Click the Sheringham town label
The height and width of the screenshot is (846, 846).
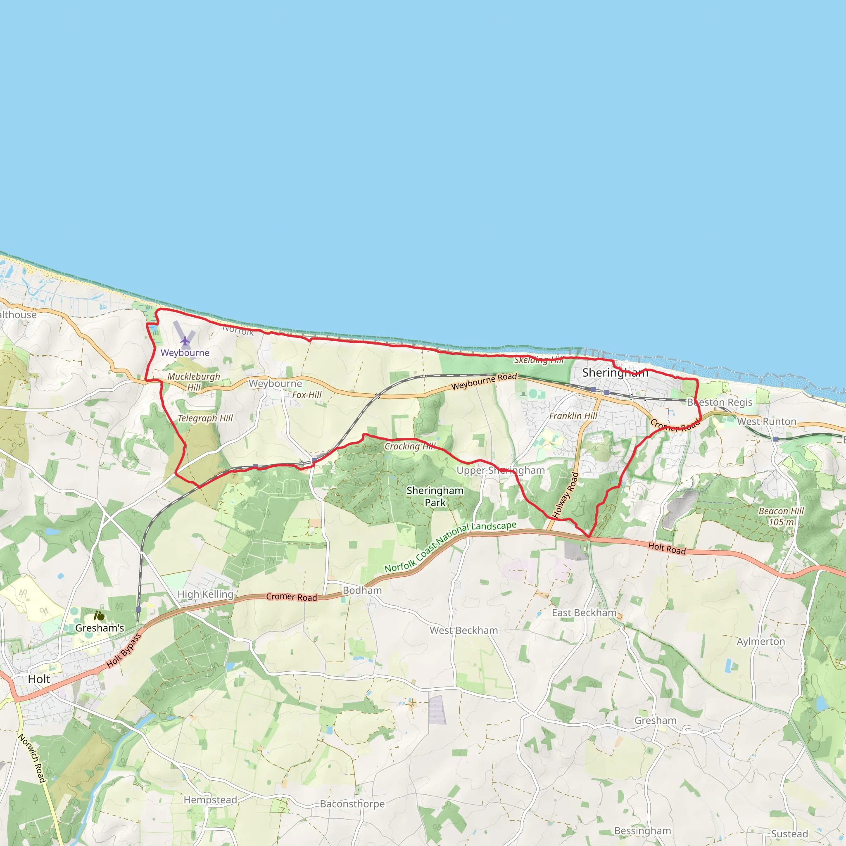[x=615, y=373]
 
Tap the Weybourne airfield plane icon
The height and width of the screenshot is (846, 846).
[x=185, y=340]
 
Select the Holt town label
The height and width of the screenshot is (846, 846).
[x=39, y=679]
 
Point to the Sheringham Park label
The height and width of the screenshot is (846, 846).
[x=435, y=497]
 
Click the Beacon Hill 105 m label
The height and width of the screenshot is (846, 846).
[x=781, y=517]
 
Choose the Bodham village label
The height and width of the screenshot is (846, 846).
[x=362, y=590]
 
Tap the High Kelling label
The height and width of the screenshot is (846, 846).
[x=205, y=594]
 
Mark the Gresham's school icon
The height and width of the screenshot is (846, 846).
[x=100, y=616]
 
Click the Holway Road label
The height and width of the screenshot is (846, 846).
[x=566, y=495]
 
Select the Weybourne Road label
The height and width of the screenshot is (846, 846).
[x=484, y=381]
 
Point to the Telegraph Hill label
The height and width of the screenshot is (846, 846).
[x=205, y=418]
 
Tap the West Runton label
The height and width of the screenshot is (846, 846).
[x=767, y=421]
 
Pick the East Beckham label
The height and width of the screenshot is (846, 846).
[x=584, y=613]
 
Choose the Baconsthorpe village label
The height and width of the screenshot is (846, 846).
[x=352, y=803]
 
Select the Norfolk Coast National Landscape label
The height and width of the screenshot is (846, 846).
[x=451, y=547]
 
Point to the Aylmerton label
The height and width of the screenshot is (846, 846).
[x=760, y=642]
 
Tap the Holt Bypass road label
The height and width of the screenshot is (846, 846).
[x=124, y=651]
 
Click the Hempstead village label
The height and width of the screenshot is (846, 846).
[x=210, y=800]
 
